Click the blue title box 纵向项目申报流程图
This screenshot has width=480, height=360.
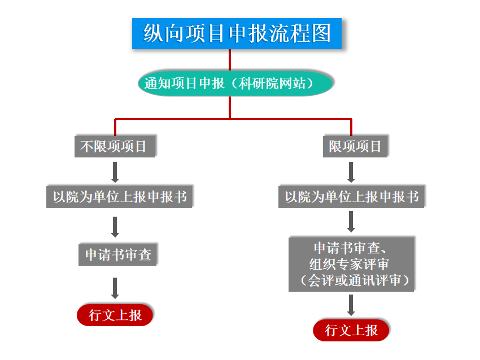pos(237,33)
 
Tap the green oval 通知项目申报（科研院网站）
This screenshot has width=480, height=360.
pos(235,84)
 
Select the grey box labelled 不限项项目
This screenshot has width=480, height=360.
pos(115,147)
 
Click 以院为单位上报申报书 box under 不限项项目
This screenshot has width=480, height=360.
pos(120,197)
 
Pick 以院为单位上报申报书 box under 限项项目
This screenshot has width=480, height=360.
pos(351,197)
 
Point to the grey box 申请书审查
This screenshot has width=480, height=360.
pos(118,254)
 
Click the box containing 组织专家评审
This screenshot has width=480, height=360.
pos(351,264)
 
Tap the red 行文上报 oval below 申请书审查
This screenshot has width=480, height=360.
pos(115,315)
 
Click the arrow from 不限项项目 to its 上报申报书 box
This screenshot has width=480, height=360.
pos(115,172)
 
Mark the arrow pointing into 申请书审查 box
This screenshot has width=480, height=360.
pos(115,227)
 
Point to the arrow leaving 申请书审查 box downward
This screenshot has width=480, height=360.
pos(115,288)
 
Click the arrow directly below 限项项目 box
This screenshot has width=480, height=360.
pos(351,172)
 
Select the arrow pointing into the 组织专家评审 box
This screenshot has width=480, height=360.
pos(351,222)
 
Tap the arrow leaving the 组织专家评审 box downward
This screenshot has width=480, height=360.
pos(351,305)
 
